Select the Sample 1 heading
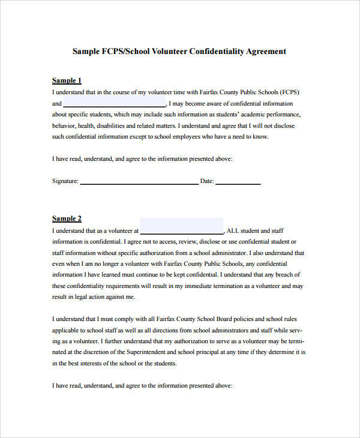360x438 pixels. click(x=67, y=80)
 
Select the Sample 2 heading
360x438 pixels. click(x=67, y=218)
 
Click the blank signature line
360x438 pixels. click(x=139, y=182)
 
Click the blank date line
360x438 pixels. click(x=238, y=182)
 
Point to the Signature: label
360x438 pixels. click(x=65, y=181)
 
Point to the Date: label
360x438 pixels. click(x=207, y=181)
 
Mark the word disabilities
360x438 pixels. click(x=114, y=125)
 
